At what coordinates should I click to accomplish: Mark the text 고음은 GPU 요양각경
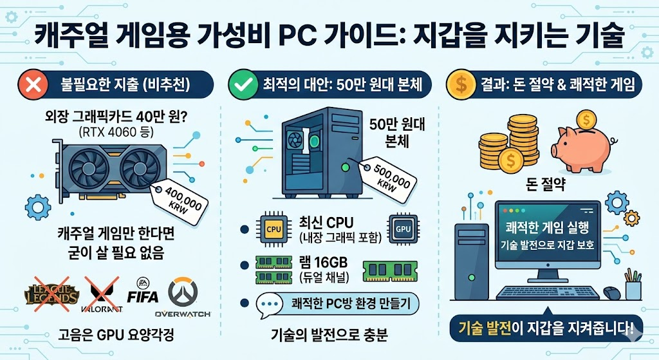coord(114,337)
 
